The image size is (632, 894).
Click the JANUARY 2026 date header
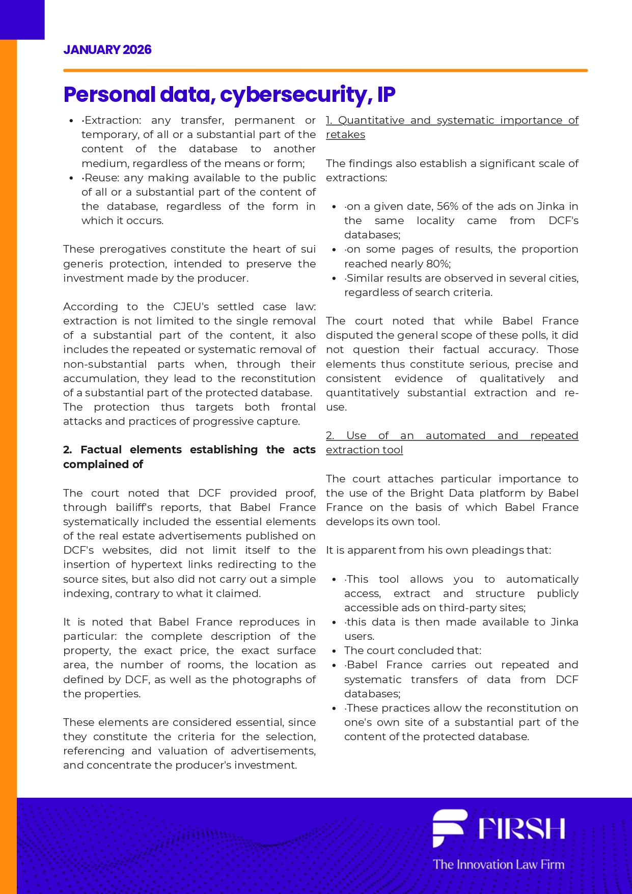107,50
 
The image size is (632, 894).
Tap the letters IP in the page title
386,95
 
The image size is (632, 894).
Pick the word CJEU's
191,307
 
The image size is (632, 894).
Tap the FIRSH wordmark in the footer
521,829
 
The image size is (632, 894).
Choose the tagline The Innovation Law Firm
499,864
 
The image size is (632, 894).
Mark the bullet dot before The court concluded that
334,651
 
